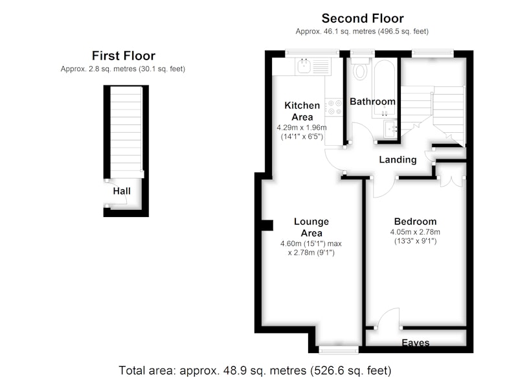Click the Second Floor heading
pyautogui.click(x=363, y=19)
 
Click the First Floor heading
pyautogui.click(x=124, y=56)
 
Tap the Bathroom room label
pyautogui.click(x=373, y=102)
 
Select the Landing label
pyautogui.click(x=398, y=160)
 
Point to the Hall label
pyautogui.click(x=122, y=191)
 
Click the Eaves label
pyautogui.click(x=416, y=343)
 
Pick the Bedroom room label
pyautogui.click(x=415, y=222)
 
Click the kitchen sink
pyautogui.click(x=304, y=66)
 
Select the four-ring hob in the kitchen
pyautogui.click(x=335, y=108)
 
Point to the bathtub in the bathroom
pyautogui.click(x=384, y=88)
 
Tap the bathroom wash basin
pyautogui.click(x=390, y=129)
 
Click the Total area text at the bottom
pyautogui.click(x=254, y=371)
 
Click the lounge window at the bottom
pyautogui.click(x=339, y=350)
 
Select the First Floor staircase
pyautogui.click(x=126, y=132)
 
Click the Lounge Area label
pyautogui.click(x=311, y=227)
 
